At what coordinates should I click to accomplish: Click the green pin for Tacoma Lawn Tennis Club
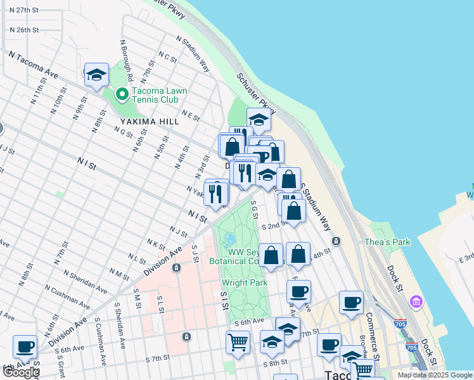pyautogui.click(x=122, y=95)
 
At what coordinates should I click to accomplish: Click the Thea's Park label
pyautogui.click(x=387, y=242)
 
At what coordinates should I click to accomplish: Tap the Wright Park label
pyautogui.click(x=244, y=282)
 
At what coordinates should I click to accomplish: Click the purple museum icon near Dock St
pyautogui.click(x=416, y=301)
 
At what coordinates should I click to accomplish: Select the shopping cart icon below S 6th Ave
pyautogui.click(x=238, y=343)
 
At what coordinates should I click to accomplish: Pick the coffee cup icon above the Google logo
pyautogui.click(x=25, y=347)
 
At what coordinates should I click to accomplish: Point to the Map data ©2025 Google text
pyautogui.click(x=435, y=375)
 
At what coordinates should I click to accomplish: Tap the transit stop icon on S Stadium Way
pyautogui.click(x=336, y=241)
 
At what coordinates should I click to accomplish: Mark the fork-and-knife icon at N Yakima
pyautogui.click(x=216, y=194)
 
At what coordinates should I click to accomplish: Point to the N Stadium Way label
pyautogui.click(x=194, y=54)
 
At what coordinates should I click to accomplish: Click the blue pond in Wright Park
pyautogui.click(x=229, y=241)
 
